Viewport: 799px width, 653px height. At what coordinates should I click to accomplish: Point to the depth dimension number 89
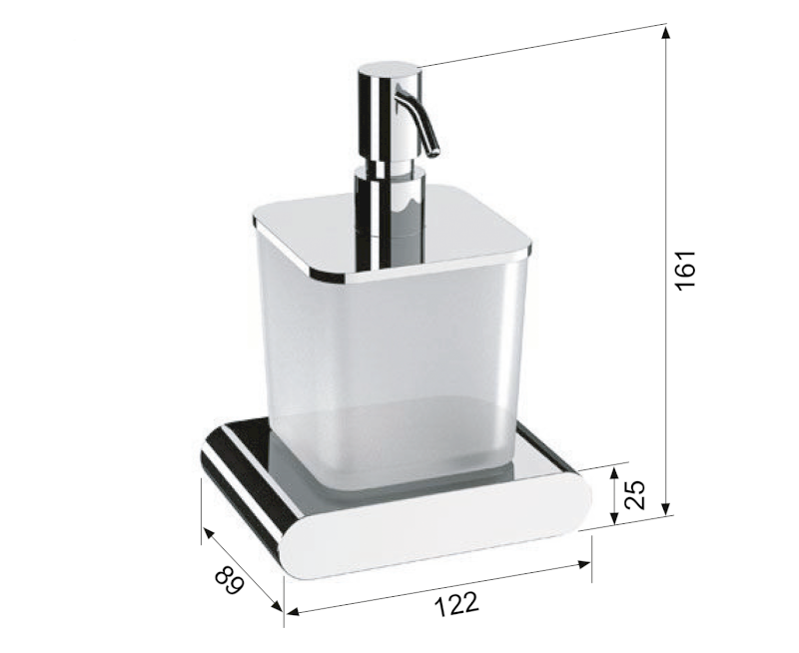229,580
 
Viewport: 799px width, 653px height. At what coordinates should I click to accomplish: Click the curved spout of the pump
419,120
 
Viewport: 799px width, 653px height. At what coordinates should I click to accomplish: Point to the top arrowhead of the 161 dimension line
666,31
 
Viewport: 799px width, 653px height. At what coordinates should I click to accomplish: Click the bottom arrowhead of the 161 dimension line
666,508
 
